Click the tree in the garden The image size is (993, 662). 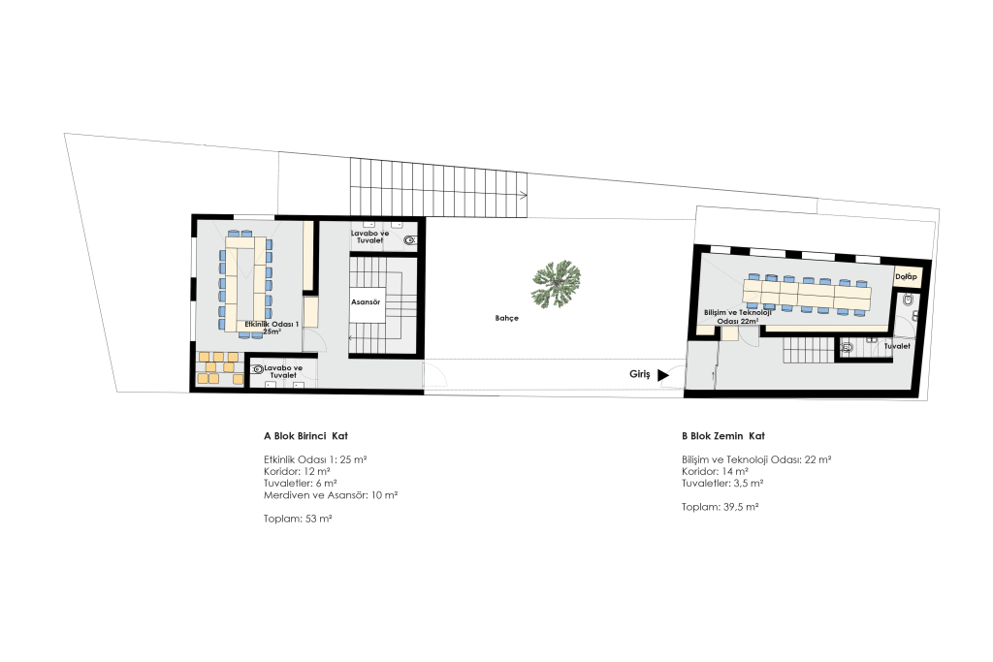coord(556,284)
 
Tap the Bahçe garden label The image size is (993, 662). coord(506,318)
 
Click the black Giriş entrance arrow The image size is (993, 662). coord(663,375)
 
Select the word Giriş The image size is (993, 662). coord(640,375)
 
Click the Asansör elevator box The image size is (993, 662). coord(366,302)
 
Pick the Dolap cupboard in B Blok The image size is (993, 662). coord(907,276)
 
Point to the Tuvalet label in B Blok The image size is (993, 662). coord(897,346)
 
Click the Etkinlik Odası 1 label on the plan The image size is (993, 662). coord(272,328)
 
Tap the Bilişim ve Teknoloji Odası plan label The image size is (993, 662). coord(738,316)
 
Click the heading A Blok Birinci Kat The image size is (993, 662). coord(305,436)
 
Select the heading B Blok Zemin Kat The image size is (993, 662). coord(723,436)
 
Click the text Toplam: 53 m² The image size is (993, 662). coord(298,519)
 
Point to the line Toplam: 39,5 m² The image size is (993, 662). coord(721,507)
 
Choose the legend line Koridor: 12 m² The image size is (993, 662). coord(297,471)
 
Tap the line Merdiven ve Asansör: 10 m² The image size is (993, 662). coord(331,495)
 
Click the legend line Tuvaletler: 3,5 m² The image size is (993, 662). coord(722,484)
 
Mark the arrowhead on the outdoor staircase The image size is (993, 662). coord(524,195)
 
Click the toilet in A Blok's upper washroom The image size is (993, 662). coord(410,239)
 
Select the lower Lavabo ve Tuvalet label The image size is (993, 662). coord(283,371)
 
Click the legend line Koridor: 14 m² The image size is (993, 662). coord(715,471)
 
